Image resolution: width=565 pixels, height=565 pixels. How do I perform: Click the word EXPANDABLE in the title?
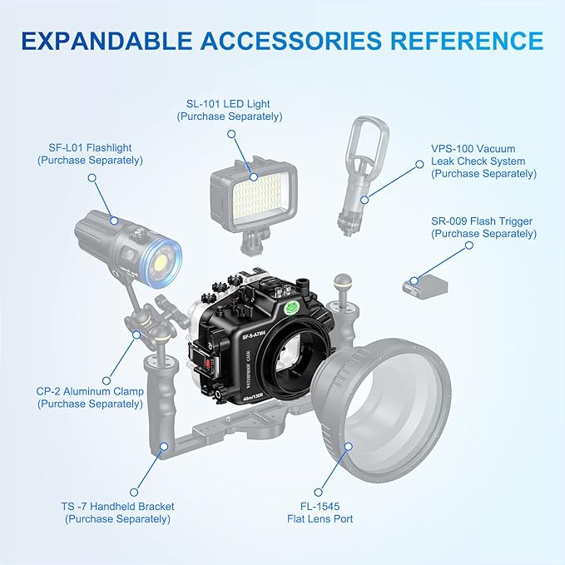click(107, 40)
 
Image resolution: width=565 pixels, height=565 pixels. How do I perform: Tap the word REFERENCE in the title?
click(467, 40)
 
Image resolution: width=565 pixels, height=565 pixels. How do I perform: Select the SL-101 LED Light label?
click(230, 110)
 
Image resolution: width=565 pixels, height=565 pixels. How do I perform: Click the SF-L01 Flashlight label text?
click(90, 154)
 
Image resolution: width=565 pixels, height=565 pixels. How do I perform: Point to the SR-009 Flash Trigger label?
click(484, 227)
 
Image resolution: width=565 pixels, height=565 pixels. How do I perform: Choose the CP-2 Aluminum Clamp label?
click(90, 398)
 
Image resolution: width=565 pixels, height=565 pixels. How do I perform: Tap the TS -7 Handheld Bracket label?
click(117, 513)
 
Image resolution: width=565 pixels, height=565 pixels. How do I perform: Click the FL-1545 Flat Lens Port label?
click(320, 513)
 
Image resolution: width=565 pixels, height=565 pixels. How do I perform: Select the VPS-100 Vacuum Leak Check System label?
click(484, 161)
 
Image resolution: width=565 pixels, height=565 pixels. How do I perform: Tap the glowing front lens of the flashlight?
click(161, 261)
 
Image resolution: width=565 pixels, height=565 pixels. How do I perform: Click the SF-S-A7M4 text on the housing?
click(254, 336)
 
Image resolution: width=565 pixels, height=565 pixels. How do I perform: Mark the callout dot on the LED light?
click(254, 177)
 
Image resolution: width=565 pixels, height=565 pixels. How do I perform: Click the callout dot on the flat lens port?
click(348, 447)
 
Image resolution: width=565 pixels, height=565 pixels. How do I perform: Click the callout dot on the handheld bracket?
click(164, 447)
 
